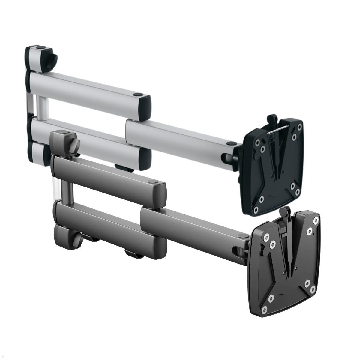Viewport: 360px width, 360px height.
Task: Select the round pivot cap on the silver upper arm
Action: (138, 95)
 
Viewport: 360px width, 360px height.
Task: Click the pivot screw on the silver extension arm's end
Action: (231, 143)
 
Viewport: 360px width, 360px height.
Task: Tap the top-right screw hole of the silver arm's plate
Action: (299, 127)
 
